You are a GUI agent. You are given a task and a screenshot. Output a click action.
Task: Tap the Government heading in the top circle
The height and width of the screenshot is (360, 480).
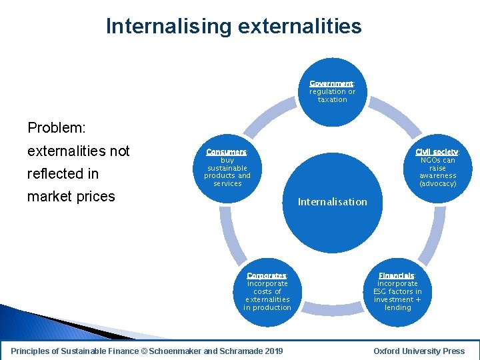[331, 83]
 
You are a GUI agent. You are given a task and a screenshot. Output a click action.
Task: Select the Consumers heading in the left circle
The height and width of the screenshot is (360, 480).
[227, 152]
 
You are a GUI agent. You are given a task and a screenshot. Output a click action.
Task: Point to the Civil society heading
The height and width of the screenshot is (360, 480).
[437, 152]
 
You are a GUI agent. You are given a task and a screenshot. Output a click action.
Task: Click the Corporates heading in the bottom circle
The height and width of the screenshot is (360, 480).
[267, 275]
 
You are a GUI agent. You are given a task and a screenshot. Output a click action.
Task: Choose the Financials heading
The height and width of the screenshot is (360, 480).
[397, 275]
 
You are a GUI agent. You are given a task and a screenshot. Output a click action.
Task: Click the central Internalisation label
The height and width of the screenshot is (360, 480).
[332, 201]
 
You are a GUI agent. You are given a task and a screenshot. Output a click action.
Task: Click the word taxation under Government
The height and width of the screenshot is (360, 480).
[332, 99]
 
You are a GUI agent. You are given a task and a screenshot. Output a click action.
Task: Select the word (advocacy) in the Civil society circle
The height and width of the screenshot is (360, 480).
[437, 183]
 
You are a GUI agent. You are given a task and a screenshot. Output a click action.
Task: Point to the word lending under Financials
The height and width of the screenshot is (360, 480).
[398, 307]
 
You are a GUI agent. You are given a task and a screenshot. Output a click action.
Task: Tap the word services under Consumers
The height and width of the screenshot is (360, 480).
[227, 183]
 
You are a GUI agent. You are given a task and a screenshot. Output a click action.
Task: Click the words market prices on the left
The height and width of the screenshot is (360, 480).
[71, 196]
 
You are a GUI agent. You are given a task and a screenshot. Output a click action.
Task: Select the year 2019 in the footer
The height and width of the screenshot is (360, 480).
[273, 351]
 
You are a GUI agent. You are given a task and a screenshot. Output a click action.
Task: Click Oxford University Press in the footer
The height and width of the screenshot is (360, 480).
[419, 351]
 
